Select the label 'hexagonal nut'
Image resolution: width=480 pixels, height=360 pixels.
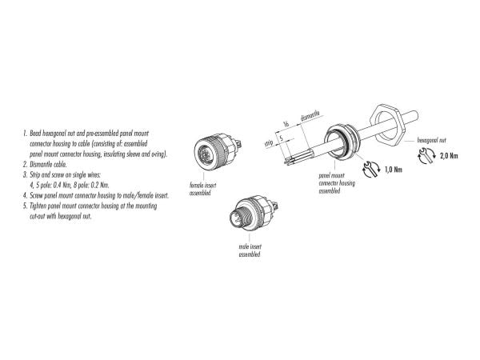point(432,140)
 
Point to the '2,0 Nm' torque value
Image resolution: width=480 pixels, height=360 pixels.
point(449,155)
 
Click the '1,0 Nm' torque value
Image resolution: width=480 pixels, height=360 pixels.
point(394,170)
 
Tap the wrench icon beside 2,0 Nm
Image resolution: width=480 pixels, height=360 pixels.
point(426,155)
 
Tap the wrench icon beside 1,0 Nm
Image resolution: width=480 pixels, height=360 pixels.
point(371,170)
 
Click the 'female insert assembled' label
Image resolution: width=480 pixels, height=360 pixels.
point(202,189)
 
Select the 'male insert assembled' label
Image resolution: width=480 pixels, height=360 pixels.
point(250,250)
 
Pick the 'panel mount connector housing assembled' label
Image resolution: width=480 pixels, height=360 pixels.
point(337,183)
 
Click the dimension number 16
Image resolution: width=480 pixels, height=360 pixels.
point(286,124)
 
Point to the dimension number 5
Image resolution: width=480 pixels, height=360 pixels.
point(282,138)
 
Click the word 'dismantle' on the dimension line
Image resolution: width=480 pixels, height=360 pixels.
point(310,116)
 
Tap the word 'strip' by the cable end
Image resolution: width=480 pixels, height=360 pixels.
point(269,142)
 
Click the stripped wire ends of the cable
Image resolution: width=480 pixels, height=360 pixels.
point(290,161)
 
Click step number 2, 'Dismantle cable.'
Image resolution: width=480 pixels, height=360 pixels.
point(46,164)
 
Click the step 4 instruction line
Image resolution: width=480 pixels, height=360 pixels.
point(96,196)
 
